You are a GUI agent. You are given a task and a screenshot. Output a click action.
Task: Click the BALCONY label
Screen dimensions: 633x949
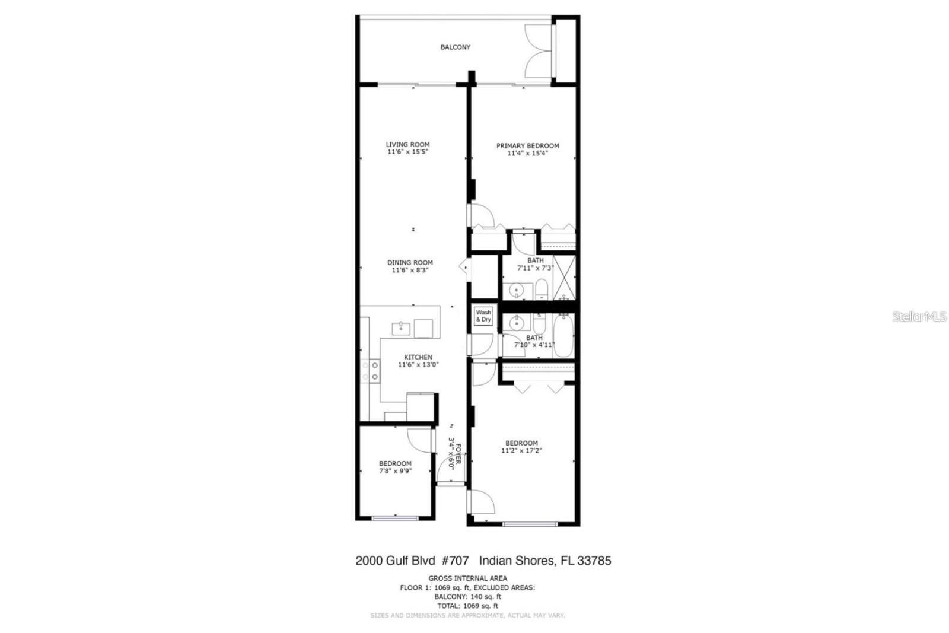[x=455, y=47]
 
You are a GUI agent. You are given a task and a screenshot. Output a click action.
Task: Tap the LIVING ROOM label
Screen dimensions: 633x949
[x=407, y=144]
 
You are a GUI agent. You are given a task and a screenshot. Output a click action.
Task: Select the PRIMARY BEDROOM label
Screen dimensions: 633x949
[x=527, y=145]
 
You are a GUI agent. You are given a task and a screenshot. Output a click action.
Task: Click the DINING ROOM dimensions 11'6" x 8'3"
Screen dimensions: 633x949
[x=410, y=271]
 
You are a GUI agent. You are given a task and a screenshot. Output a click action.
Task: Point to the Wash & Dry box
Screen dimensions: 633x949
[x=483, y=316]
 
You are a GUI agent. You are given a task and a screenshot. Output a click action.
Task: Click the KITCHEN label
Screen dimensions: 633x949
[x=418, y=357]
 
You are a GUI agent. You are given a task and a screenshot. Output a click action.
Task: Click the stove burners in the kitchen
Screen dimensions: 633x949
[x=375, y=371]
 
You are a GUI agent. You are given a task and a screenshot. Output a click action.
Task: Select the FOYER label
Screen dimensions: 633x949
[x=458, y=454]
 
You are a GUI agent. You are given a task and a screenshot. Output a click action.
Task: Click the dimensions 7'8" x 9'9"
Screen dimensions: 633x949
[x=395, y=471]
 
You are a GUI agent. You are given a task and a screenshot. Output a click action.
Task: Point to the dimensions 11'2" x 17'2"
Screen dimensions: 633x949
[x=521, y=451]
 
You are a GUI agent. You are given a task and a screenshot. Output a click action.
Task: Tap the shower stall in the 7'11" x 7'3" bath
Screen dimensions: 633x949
[x=565, y=277]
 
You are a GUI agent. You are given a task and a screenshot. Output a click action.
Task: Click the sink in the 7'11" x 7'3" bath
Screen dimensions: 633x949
[x=517, y=291]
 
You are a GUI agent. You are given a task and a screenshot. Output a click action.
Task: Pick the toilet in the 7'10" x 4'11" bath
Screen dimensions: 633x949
[x=539, y=324]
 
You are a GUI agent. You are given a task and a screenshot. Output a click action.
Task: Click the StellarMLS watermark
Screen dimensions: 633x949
[x=919, y=317]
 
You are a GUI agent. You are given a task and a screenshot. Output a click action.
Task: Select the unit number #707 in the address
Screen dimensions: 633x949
[x=455, y=561]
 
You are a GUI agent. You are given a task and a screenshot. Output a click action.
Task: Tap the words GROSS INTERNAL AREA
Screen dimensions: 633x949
[x=467, y=578]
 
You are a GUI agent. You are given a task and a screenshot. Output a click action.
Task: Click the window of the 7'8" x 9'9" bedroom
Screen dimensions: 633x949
[x=396, y=519]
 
